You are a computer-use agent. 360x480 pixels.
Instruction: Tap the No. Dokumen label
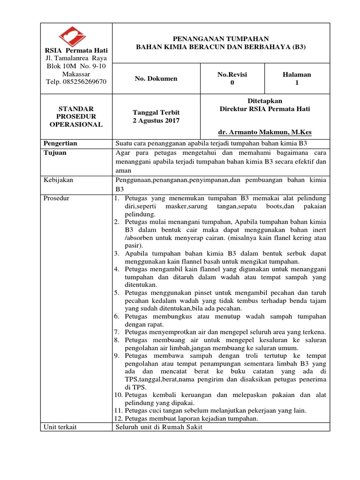(156, 78)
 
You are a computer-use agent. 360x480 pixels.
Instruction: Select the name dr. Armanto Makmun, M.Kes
(265, 133)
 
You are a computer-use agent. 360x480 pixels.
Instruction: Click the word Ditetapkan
(265, 101)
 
